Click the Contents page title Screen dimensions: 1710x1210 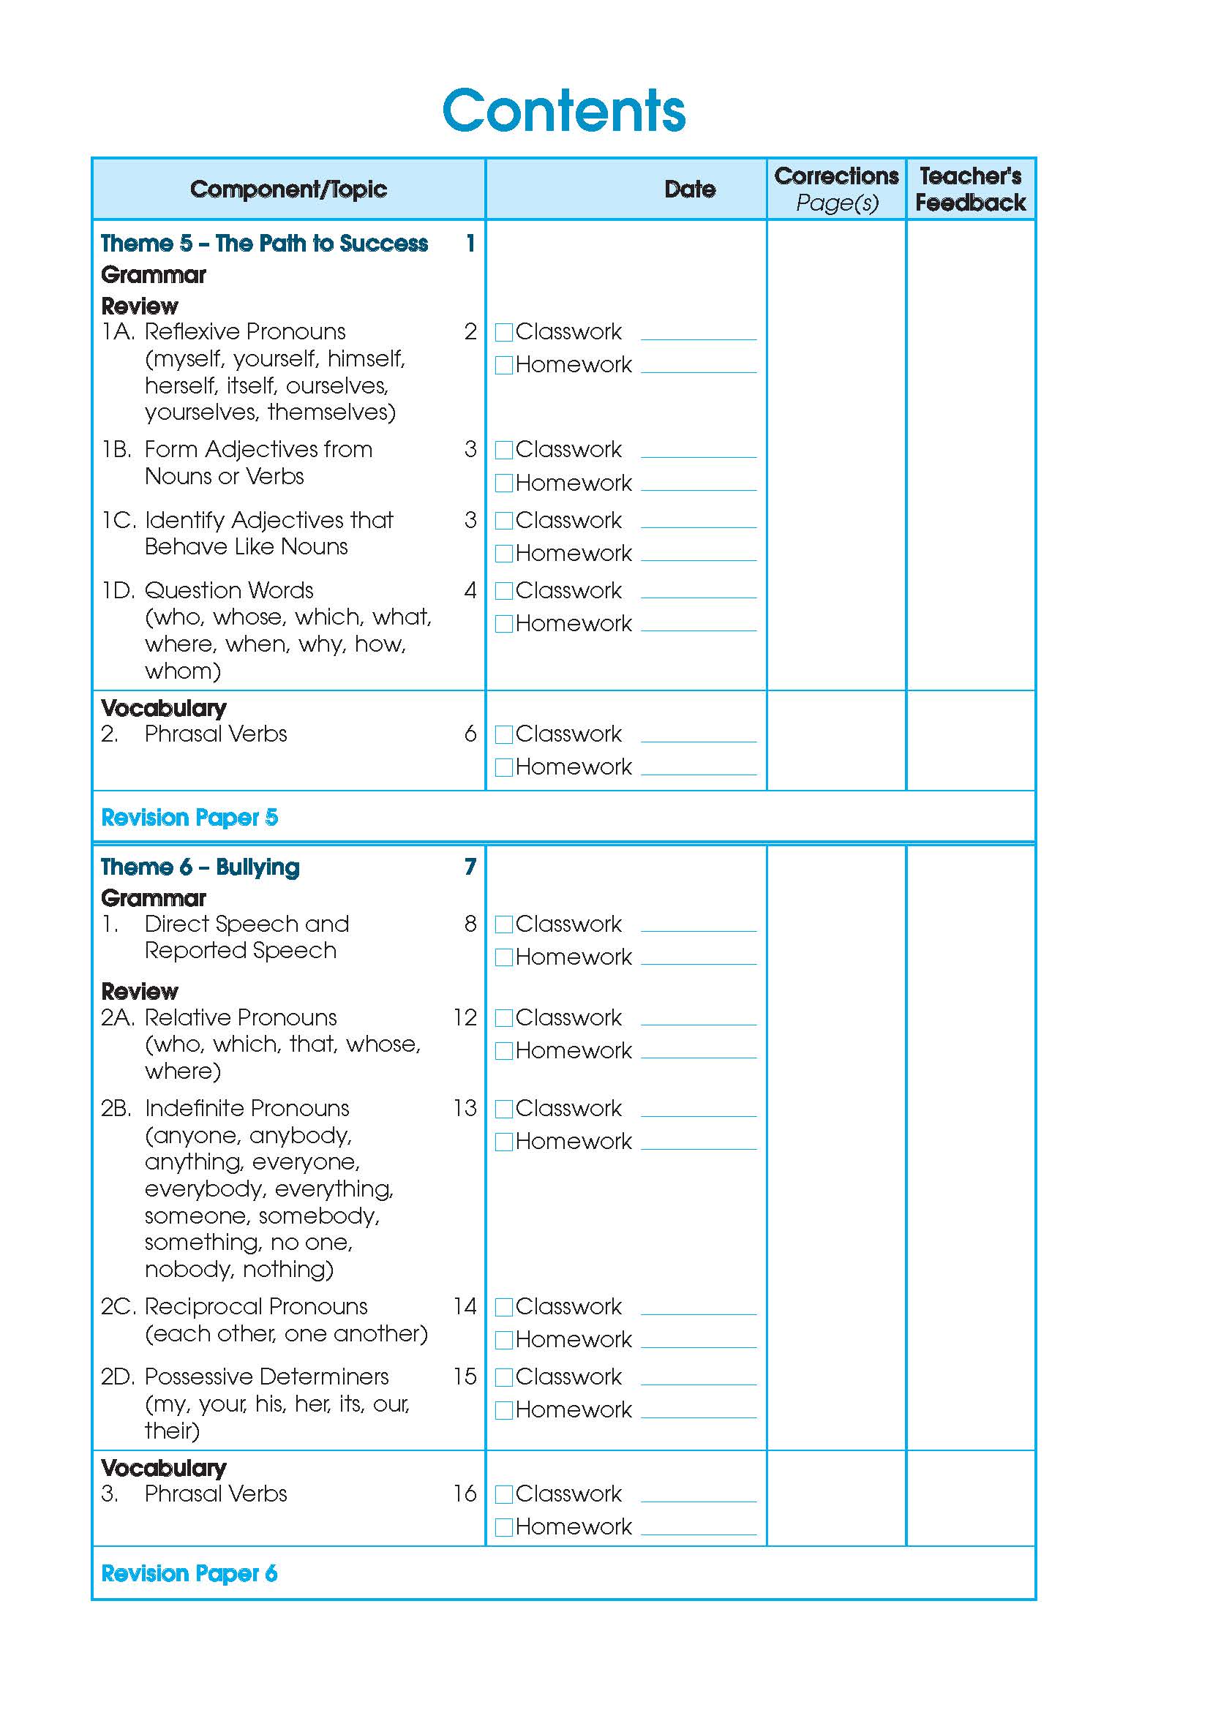[x=564, y=111]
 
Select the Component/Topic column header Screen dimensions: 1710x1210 [x=288, y=189]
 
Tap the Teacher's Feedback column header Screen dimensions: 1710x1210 [x=970, y=189]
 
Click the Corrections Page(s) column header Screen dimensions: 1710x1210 [x=836, y=189]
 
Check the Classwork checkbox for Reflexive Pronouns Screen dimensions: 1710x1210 [x=503, y=332]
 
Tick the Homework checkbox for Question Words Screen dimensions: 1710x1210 [x=503, y=624]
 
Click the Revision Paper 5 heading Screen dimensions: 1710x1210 [x=189, y=818]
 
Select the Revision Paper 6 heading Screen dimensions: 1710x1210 [x=189, y=1574]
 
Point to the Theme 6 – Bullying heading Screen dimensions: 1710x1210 [x=200, y=867]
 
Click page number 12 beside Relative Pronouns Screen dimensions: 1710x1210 [x=465, y=1017]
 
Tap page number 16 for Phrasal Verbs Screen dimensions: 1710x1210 [x=465, y=1494]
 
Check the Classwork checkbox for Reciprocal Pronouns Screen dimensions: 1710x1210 [x=503, y=1307]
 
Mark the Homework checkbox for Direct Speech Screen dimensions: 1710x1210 [x=503, y=958]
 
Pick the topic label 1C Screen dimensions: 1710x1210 [x=119, y=520]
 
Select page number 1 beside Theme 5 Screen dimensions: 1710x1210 [x=470, y=244]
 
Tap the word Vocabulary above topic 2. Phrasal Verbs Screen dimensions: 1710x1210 [x=164, y=708]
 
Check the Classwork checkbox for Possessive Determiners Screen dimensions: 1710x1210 [x=503, y=1378]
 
